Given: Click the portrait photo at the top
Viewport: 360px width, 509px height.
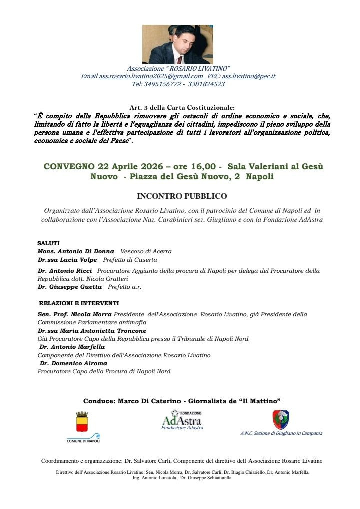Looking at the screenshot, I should (x=178, y=44).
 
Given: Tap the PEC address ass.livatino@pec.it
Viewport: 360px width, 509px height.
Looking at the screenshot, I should (x=248, y=76).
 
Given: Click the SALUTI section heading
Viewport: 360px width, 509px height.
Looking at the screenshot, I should (x=48, y=243).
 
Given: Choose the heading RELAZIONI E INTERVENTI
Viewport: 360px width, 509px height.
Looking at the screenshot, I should (x=79, y=303).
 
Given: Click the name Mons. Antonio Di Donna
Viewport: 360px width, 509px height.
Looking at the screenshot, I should (x=76, y=251).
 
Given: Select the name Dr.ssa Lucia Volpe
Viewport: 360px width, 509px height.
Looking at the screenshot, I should (x=67, y=260).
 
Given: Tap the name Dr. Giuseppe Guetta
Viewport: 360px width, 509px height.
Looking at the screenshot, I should (x=70, y=287).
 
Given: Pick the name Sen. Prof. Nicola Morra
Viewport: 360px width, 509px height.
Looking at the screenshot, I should (x=74, y=314).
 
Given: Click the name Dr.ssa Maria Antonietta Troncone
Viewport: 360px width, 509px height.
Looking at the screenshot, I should (x=92, y=331).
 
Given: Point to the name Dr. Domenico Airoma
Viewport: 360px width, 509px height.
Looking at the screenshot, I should (x=73, y=363).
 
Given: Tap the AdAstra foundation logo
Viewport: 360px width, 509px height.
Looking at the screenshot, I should (x=182, y=418).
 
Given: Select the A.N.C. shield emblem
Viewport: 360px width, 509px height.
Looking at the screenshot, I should (x=280, y=419).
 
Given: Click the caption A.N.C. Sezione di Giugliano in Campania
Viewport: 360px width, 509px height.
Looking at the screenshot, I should (x=281, y=433).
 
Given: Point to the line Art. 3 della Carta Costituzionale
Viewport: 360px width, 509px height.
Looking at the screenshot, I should (x=178, y=107).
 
